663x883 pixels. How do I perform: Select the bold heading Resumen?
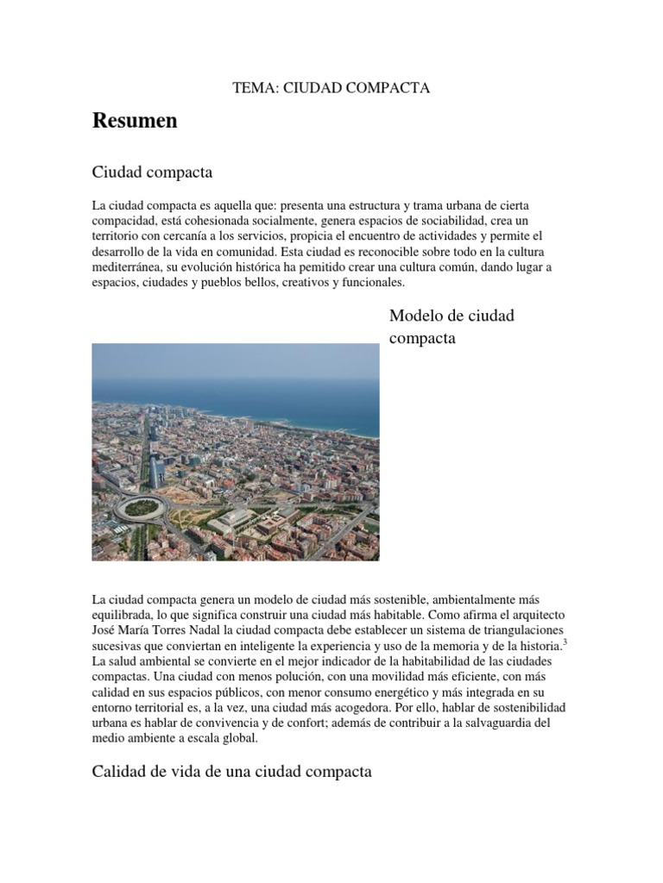[135, 121]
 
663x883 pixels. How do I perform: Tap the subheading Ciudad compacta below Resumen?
[152, 172]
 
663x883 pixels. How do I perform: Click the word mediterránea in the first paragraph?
[129, 267]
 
